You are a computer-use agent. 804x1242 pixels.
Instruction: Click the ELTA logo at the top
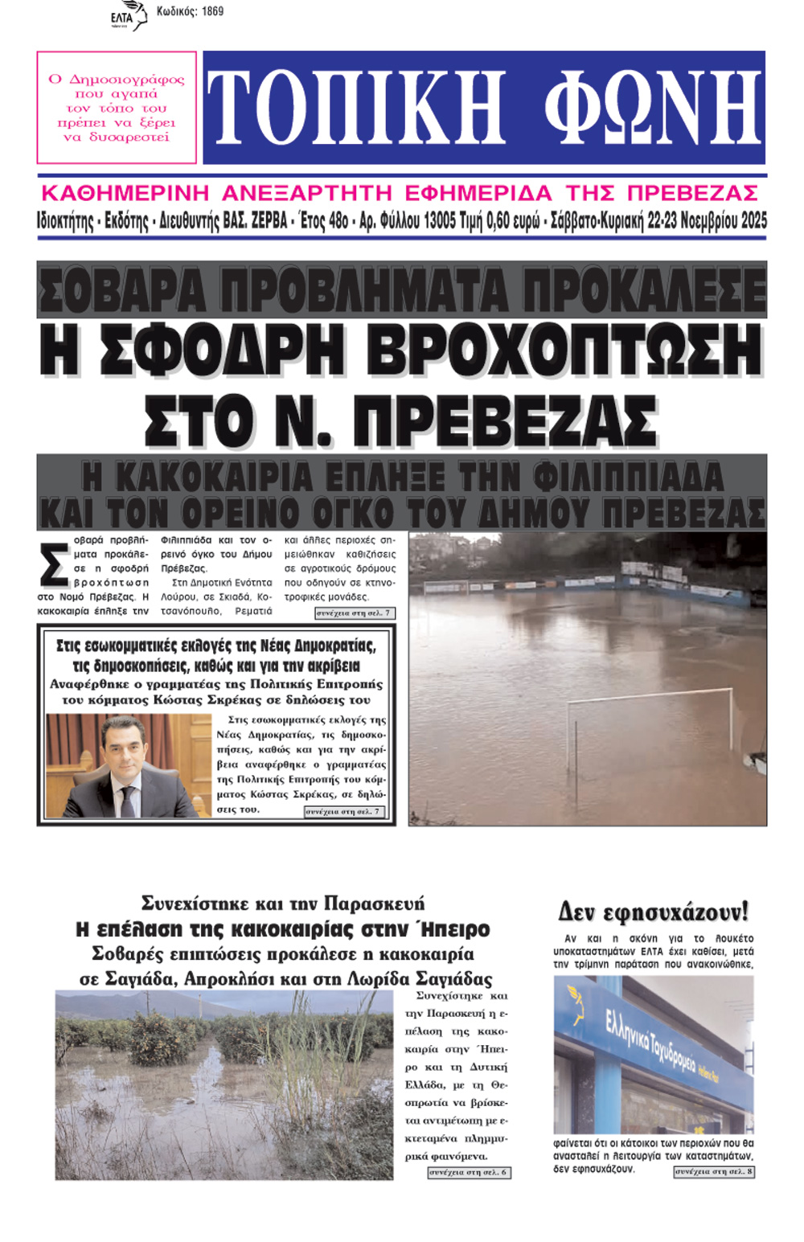128,15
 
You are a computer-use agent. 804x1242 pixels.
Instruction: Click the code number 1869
212,11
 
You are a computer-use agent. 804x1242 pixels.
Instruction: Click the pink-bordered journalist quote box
117,108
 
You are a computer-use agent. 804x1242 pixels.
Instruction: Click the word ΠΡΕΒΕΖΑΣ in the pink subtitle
692,194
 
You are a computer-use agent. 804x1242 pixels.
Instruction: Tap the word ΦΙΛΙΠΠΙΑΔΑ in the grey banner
628,478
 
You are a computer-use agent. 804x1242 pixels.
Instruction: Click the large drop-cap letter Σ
54,565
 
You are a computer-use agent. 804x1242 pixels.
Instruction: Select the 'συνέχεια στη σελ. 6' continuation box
469,1172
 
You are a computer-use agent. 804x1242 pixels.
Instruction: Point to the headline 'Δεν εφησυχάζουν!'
653,912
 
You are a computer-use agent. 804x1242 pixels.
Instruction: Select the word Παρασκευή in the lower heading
379,904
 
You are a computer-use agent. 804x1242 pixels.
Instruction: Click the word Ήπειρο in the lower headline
453,929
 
